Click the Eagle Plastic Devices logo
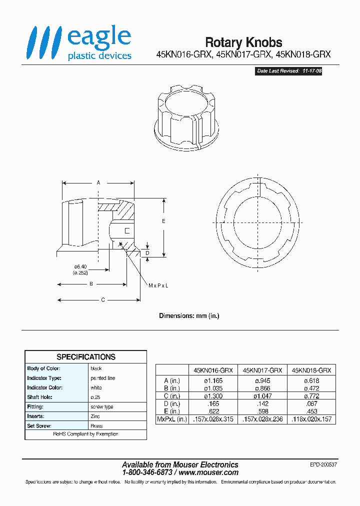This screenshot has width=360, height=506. tap(79, 43)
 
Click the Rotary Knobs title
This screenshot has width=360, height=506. tap(243, 42)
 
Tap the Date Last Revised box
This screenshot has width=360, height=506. tap(288, 71)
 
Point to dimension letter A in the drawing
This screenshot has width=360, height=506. tap(98, 183)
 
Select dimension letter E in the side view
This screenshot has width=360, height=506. tap(156, 220)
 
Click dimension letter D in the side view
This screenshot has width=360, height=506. tap(147, 253)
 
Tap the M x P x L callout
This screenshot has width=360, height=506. tap(158, 285)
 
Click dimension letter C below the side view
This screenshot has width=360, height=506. tap(103, 300)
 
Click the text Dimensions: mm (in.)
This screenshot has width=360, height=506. tap(189, 316)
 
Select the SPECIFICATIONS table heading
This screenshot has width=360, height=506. tap(86, 357)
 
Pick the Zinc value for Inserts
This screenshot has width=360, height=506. tap(95, 416)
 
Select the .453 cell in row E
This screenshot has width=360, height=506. tap(310, 412)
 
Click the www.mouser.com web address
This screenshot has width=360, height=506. tap(208, 472)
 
